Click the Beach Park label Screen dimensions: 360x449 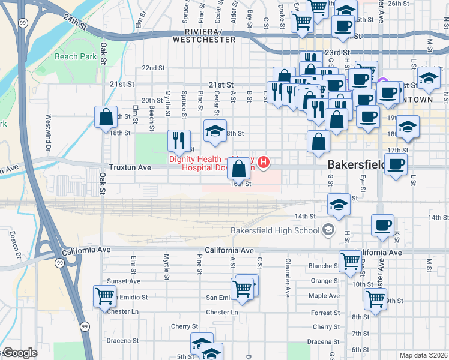click(x=76, y=56)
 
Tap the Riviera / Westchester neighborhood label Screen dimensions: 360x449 click(x=203, y=35)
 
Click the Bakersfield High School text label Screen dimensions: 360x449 click(x=276, y=230)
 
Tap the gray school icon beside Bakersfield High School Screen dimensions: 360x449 click(x=328, y=229)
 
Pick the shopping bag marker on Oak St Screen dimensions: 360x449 click(x=106, y=117)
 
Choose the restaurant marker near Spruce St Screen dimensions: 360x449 click(x=179, y=141)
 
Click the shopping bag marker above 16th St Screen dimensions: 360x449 click(x=239, y=169)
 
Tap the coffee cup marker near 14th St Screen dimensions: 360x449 click(x=382, y=226)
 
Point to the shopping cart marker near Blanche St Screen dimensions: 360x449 click(x=350, y=260)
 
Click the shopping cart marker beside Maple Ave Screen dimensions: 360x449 click(x=376, y=298)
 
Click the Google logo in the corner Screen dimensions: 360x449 click(x=20, y=353)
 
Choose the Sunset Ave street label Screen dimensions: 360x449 click(x=123, y=281)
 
